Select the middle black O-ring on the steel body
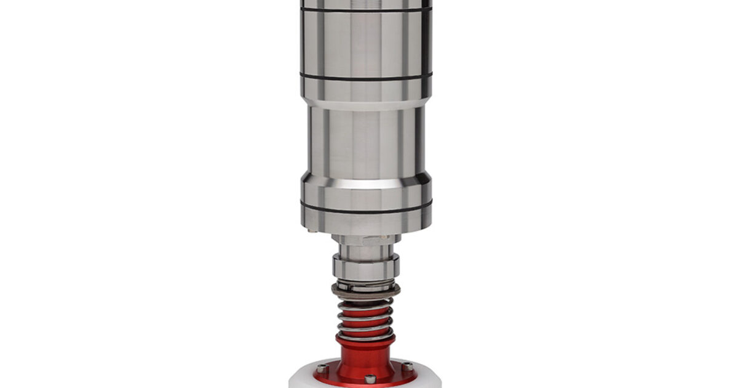tap(366, 76)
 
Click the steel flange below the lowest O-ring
tap(366, 219)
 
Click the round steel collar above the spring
tap(366, 267)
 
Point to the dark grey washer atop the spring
tap(366, 289)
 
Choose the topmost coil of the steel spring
tap(366, 301)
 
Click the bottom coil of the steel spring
tap(366, 336)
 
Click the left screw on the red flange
tap(322, 368)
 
